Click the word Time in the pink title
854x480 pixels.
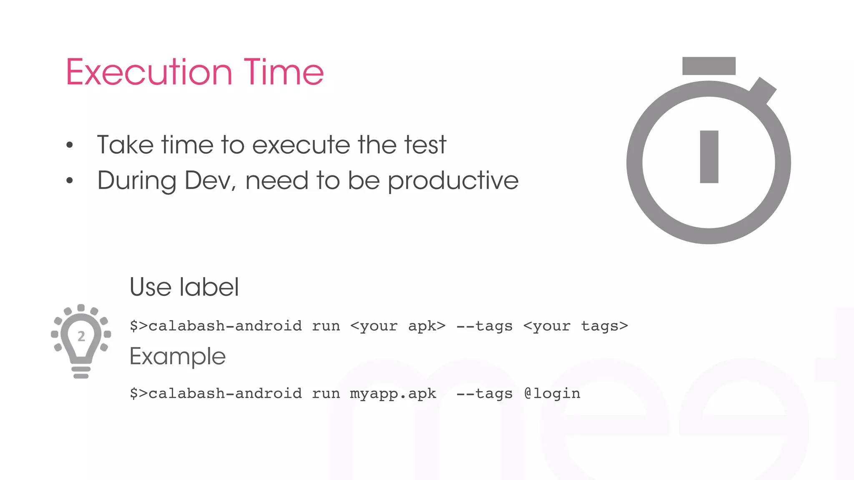pyautogui.click(x=284, y=72)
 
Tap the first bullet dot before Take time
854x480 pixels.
pyautogui.click(x=70, y=145)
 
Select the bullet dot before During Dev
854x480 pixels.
pyautogui.click(x=70, y=180)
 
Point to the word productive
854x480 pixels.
pyautogui.click(x=453, y=181)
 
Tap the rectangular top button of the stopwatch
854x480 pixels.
pyautogui.click(x=708, y=66)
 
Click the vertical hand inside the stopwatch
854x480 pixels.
pyautogui.click(x=709, y=157)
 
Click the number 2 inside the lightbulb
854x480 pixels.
pyautogui.click(x=81, y=336)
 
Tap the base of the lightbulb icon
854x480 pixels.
pyautogui.click(x=81, y=372)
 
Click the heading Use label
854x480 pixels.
pyautogui.click(x=184, y=287)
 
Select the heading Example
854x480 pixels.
pyautogui.click(x=178, y=356)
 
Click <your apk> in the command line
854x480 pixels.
pyautogui.click(x=398, y=326)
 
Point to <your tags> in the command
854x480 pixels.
pyautogui.click(x=575, y=326)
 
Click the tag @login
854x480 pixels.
pyautogui.click(x=552, y=393)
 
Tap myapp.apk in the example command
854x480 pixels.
pyautogui.click(x=393, y=393)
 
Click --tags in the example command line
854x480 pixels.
pyautogui.click(x=484, y=393)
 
